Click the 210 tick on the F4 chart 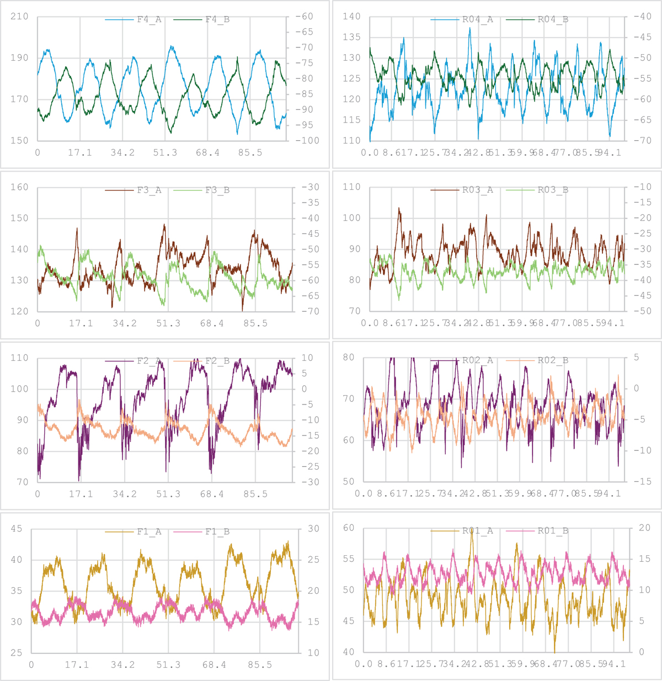click(19, 17)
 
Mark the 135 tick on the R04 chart click(351, 38)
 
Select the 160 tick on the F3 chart click(19, 187)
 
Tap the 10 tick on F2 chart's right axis click(307, 358)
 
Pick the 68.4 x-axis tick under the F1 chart click(214, 665)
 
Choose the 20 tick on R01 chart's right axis click(644, 528)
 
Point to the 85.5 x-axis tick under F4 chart click(250, 153)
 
